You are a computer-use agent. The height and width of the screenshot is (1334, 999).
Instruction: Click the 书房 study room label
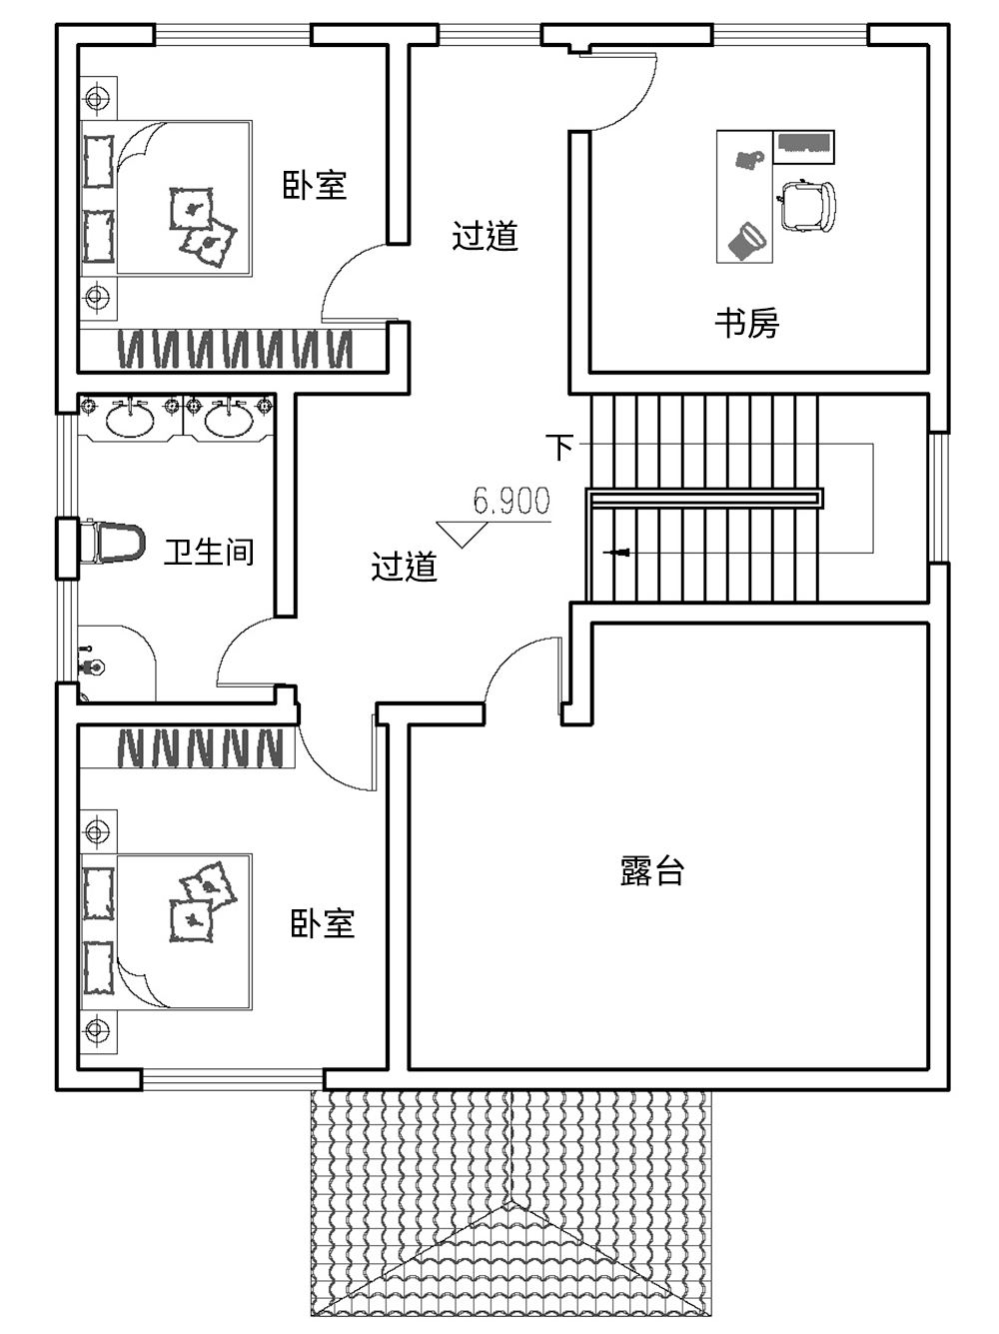(746, 323)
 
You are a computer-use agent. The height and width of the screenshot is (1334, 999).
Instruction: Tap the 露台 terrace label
(652, 871)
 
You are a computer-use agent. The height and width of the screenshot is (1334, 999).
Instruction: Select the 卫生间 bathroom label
(209, 552)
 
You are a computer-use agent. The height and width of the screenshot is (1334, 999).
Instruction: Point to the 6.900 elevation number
(511, 501)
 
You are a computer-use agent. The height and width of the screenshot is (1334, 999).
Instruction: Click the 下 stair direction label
(561, 447)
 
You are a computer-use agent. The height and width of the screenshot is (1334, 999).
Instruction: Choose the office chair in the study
(807, 206)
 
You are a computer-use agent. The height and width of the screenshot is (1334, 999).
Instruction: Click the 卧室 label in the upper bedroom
(315, 185)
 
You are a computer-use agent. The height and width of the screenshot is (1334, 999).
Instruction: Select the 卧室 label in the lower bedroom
(322, 923)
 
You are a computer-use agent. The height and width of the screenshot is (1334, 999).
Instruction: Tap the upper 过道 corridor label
(485, 236)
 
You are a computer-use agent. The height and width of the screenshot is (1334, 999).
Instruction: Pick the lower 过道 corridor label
(404, 567)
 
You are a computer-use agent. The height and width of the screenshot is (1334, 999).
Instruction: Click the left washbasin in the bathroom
(129, 419)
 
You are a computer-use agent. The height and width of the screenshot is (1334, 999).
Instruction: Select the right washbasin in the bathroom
(229, 419)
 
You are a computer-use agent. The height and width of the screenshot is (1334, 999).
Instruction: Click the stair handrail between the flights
(704, 499)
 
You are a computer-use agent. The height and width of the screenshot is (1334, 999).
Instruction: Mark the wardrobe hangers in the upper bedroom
(235, 350)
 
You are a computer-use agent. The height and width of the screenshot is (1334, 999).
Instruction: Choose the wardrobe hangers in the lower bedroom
(201, 747)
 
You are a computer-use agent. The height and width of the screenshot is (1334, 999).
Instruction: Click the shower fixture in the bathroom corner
(92, 665)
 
